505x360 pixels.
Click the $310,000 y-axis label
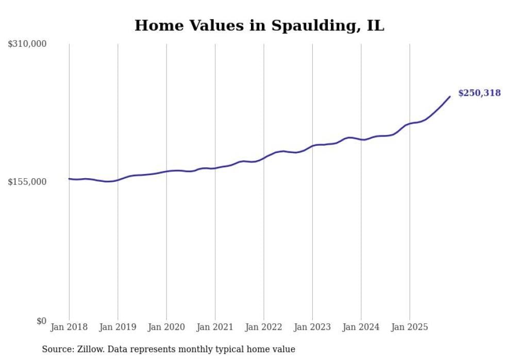(x=27, y=44)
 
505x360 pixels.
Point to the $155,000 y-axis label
(x=27, y=182)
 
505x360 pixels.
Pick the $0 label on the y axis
(x=41, y=321)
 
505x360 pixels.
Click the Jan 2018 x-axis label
(x=69, y=327)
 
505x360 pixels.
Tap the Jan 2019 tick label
(x=118, y=327)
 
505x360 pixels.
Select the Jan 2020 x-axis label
(x=166, y=327)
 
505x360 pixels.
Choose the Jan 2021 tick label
(x=215, y=327)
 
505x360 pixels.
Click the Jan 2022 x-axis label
(x=264, y=327)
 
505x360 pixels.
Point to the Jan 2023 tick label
(x=312, y=327)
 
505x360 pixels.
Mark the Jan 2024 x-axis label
(x=361, y=327)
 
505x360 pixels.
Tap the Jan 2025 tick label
(x=410, y=327)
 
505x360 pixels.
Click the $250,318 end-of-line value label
(x=479, y=93)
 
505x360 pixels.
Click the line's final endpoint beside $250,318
(x=450, y=96)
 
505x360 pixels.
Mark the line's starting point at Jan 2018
(x=69, y=179)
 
